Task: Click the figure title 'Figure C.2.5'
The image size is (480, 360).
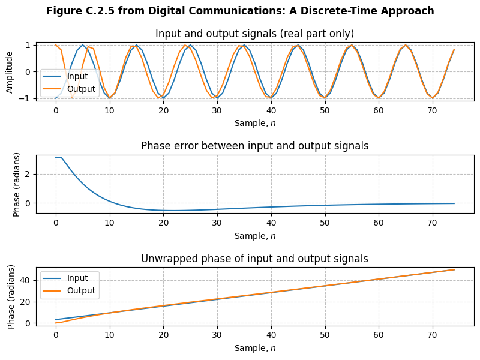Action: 240,11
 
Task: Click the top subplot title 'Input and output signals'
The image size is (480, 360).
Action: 254,34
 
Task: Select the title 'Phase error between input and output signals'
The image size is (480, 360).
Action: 254,146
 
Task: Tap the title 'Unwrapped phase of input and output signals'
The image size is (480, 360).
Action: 254,259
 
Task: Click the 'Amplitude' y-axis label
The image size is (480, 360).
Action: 10,71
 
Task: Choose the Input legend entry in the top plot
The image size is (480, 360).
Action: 77,76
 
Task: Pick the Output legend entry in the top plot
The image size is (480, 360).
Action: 81,89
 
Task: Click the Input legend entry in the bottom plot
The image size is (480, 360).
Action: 77,278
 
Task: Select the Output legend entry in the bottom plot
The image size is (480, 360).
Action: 81,290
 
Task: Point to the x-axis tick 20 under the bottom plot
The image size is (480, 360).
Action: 163,335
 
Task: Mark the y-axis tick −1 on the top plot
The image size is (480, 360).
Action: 26,98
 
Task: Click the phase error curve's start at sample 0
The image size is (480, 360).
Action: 56,157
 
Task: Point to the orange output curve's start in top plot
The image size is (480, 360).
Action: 56,45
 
